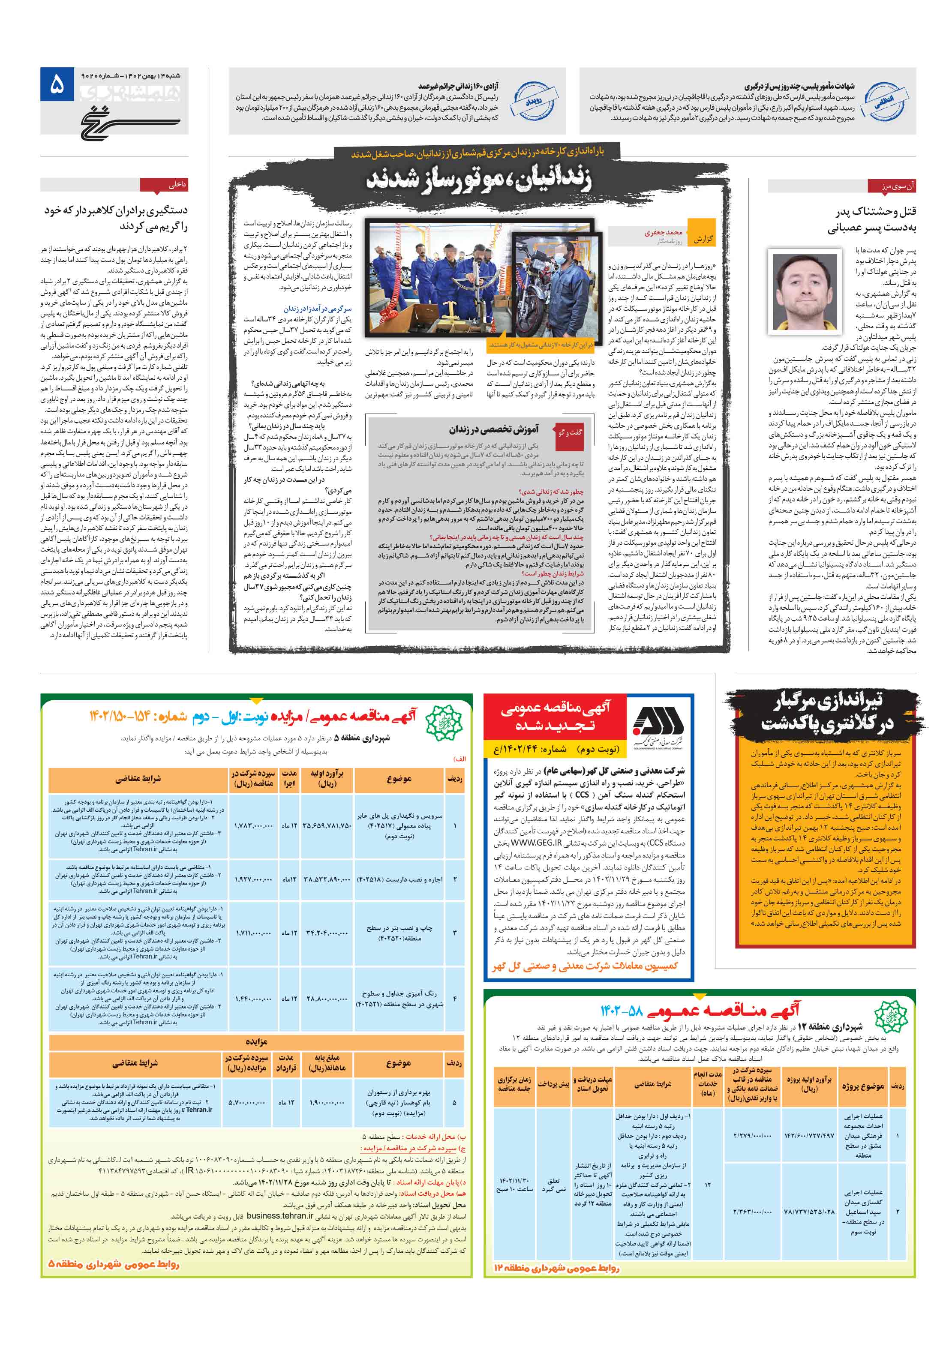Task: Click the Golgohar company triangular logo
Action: (657, 722)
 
